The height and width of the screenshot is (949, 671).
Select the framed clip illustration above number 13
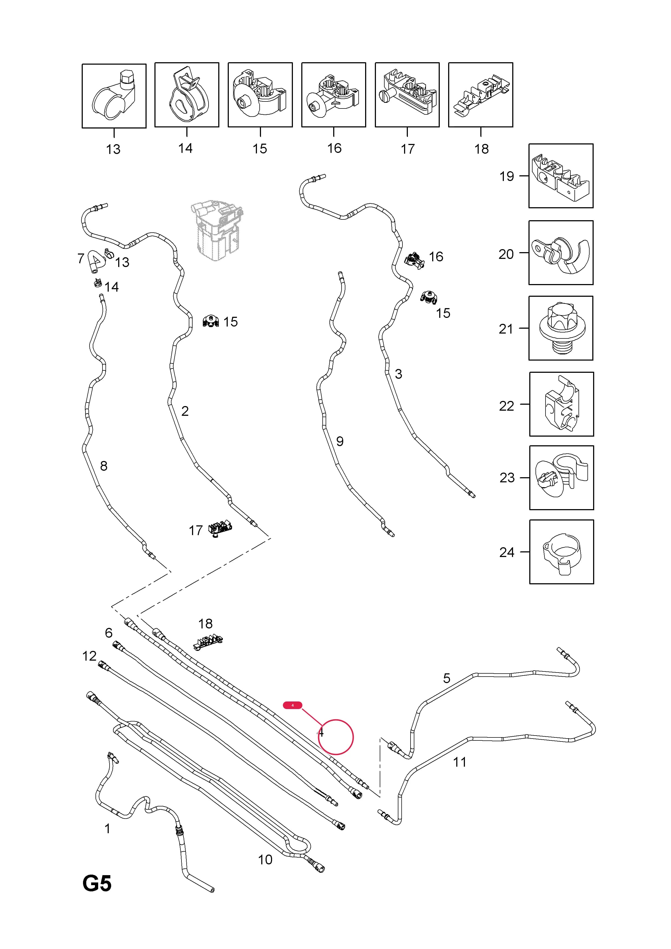click(114, 96)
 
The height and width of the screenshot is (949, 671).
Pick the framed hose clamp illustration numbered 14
click(187, 95)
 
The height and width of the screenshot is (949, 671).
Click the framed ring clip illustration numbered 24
click(561, 552)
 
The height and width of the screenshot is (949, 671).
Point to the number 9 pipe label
click(340, 441)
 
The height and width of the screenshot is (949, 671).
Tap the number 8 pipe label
click(104, 466)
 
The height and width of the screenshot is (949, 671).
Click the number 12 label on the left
click(89, 656)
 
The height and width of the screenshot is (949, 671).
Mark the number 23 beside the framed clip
click(507, 478)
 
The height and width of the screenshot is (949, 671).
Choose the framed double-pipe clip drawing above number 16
click(334, 95)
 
